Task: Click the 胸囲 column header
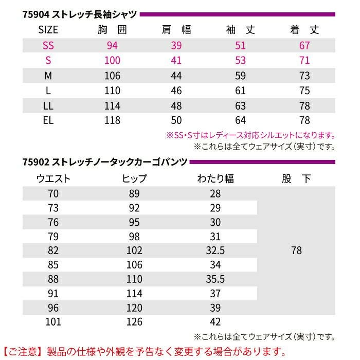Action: pos(112,30)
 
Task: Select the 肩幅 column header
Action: pos(176,30)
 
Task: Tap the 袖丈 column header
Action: pos(240,30)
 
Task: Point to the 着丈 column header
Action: pos(304,30)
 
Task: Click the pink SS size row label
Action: pos(48,45)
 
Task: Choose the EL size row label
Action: pos(48,120)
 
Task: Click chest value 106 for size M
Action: pos(112,76)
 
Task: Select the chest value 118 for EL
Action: pos(112,120)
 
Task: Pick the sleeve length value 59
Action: pos(240,76)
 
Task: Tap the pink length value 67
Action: pos(304,45)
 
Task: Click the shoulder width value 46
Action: pos(176,91)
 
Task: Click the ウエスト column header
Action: pos(53,179)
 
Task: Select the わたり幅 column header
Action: pos(215,179)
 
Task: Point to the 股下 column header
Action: pos(296,179)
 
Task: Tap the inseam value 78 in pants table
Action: pos(296,250)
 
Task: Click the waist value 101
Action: pos(53,322)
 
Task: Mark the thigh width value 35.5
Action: pos(215,279)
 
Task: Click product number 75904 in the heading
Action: pos(35,14)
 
